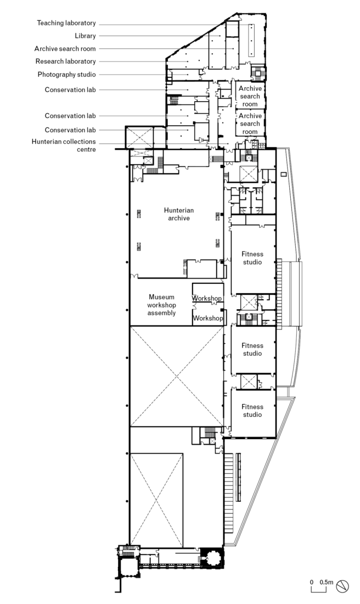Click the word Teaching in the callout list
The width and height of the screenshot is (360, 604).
[x=50, y=23]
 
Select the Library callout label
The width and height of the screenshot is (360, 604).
[x=85, y=36]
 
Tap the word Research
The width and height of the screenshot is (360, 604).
[x=48, y=61]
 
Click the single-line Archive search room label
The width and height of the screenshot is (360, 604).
[x=65, y=48]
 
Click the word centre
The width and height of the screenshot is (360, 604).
[x=86, y=149]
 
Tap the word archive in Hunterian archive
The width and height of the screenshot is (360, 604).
[x=179, y=219]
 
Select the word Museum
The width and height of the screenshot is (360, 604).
[x=161, y=297]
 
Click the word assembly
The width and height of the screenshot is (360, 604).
[x=161, y=313]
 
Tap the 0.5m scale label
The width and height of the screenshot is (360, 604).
[x=326, y=582]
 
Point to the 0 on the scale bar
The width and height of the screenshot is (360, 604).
[x=312, y=582]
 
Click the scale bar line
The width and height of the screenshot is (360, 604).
[x=319, y=590]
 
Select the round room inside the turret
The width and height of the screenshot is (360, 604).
[x=211, y=557]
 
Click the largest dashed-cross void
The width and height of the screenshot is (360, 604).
[x=177, y=376]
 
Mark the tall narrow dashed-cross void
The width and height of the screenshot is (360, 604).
[x=156, y=500]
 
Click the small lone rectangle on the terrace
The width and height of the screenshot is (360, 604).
[x=284, y=174]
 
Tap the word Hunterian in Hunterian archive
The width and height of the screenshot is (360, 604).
[x=179, y=210]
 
